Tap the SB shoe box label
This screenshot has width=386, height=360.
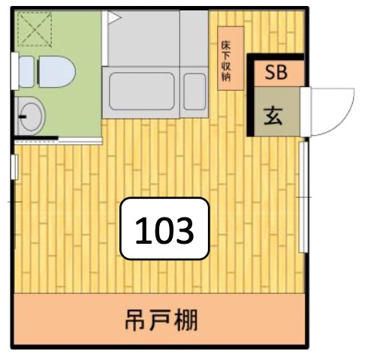276,73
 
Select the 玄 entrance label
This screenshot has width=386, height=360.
273,115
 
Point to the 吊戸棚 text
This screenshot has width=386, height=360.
161,320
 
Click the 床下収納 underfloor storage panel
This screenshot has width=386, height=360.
231,58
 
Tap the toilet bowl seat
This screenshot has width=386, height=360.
57,71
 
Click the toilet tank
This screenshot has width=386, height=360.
26,72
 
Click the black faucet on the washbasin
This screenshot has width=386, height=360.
23,117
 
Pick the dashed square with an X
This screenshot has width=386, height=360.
35,29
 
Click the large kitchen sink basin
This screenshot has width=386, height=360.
142,91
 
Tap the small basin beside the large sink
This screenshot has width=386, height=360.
195,91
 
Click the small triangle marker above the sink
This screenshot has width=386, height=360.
113,17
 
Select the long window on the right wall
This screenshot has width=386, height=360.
303,197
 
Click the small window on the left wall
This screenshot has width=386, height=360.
15,166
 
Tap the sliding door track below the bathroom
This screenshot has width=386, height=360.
58,142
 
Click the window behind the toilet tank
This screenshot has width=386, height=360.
15,71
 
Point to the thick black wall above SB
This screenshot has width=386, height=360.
276,57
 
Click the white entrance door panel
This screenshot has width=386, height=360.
306,112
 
